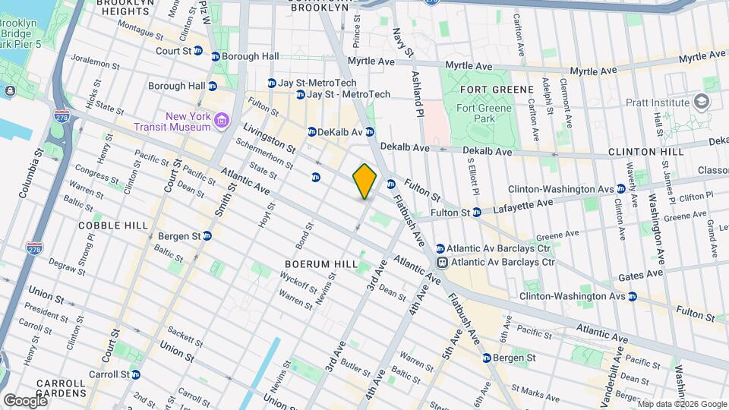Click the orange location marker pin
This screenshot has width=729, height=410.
pyautogui.click(x=364, y=181)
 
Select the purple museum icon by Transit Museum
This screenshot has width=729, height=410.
pyautogui.click(x=221, y=121)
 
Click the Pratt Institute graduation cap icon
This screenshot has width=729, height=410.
pyautogui.click(x=702, y=102)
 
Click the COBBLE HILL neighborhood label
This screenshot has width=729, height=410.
pyautogui.click(x=106, y=225)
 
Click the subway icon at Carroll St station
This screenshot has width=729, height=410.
pyautogui.click(x=135, y=374)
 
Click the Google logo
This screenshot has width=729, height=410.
pyautogui.click(x=24, y=400)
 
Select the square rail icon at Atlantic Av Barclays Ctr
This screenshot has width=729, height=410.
pyautogui.click(x=440, y=262)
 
